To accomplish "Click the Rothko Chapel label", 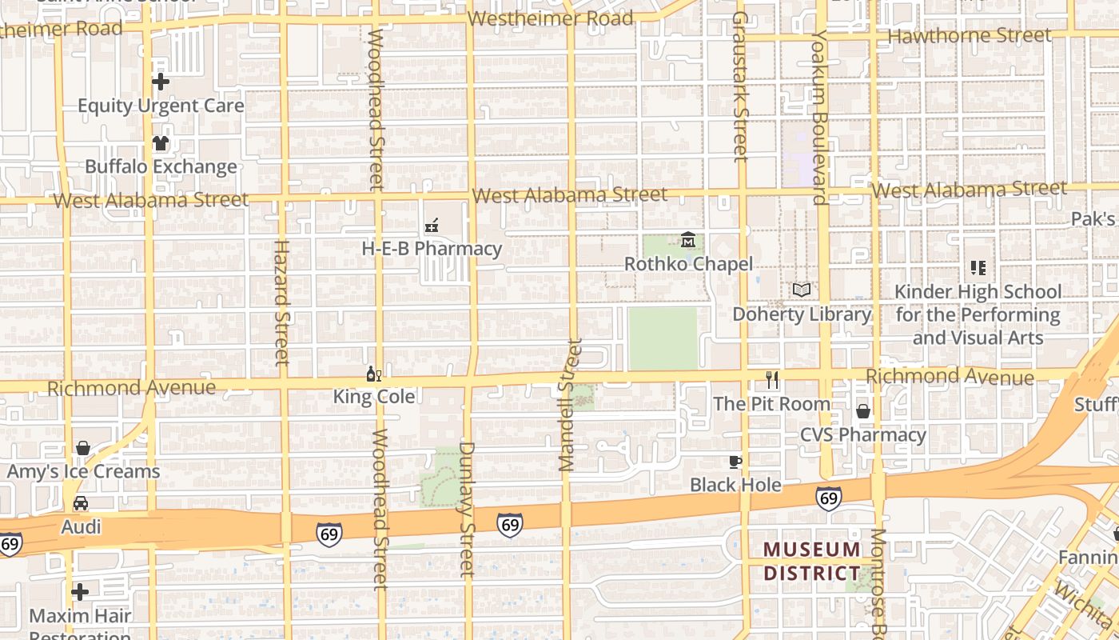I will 688,264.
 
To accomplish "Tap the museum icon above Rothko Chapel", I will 688,240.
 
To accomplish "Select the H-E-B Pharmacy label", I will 432,249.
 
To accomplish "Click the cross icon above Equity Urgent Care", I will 161,82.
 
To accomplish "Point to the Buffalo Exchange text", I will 161,166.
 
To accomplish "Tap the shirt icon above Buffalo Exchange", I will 161,143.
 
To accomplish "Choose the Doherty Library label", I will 802,314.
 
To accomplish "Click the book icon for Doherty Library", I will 802,290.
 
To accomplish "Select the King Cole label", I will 374,397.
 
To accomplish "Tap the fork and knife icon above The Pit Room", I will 772,380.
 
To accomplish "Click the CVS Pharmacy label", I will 863,435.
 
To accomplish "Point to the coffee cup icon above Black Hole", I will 735,462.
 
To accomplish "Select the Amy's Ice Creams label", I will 83,471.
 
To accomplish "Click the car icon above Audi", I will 81,503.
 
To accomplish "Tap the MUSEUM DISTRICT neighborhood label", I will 812,562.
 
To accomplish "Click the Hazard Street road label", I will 281,302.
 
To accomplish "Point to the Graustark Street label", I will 739,86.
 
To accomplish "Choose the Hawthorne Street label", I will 970,35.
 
